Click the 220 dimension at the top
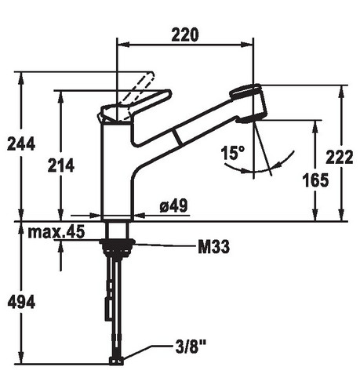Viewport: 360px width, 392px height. (x=185, y=35)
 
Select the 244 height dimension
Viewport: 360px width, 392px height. (x=21, y=144)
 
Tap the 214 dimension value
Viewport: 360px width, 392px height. (x=61, y=165)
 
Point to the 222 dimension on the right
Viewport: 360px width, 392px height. (x=340, y=157)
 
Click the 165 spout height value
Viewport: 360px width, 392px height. (x=315, y=180)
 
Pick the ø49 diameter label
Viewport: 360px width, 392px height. (x=173, y=205)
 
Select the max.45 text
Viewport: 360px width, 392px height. (x=56, y=231)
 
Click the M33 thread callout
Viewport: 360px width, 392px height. (x=214, y=247)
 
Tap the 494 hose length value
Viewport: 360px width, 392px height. (x=21, y=303)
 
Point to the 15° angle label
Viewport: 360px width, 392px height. (x=233, y=153)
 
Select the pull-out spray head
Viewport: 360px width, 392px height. (x=249, y=103)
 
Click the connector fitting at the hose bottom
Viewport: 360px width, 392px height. (x=116, y=361)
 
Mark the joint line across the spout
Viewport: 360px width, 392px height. (x=177, y=137)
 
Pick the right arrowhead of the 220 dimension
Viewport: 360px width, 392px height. (x=247, y=45)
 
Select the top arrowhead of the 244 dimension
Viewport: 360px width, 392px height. (x=21, y=78)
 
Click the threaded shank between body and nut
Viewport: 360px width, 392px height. (x=117, y=230)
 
